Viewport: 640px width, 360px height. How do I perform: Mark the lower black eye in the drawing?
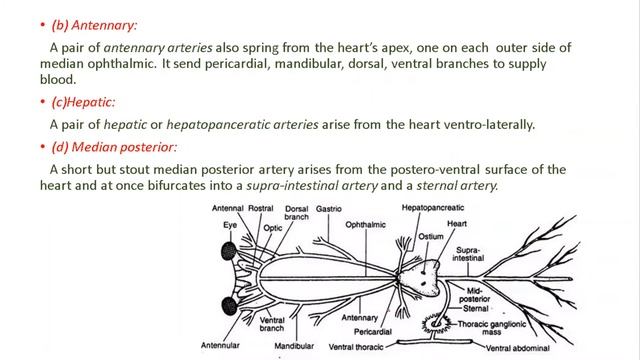229,304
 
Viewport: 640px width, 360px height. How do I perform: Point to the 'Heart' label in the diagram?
457,224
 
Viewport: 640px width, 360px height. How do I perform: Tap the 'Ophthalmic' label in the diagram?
366,226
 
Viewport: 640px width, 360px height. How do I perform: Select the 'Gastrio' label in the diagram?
329,210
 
